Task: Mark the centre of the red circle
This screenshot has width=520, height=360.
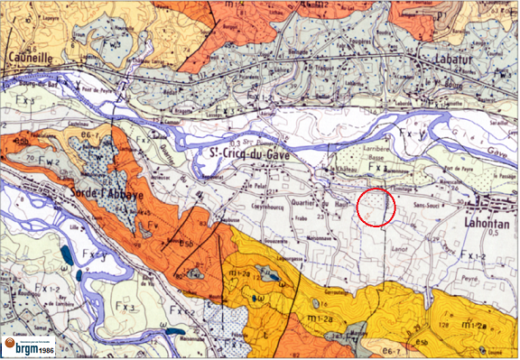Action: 376,207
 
